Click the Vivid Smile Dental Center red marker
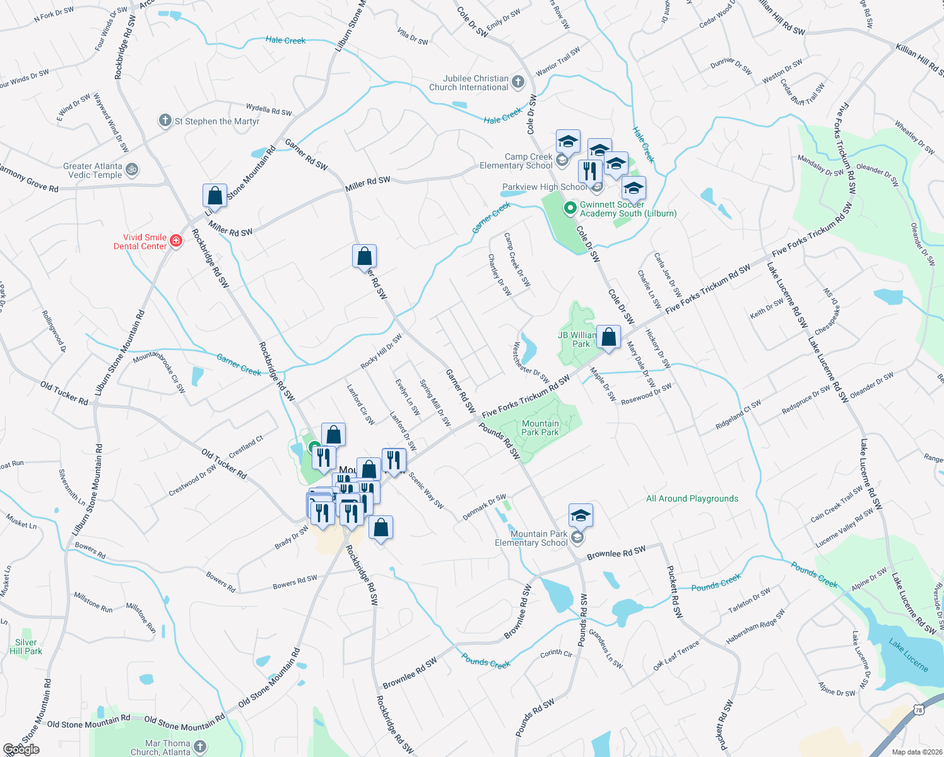tap(176, 241)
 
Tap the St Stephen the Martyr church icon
tap(165, 120)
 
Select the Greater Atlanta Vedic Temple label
tap(93, 170)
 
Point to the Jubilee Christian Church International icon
tap(518, 81)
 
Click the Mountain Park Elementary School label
tap(531, 538)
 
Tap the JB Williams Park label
tap(577, 339)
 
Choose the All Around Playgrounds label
tap(692, 498)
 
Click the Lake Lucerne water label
tap(908, 655)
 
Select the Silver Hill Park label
tap(26, 647)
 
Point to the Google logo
tap(21, 749)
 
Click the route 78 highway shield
tap(919, 710)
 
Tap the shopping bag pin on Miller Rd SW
tap(215, 196)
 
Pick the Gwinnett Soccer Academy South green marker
tap(570, 207)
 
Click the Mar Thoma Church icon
tap(201, 747)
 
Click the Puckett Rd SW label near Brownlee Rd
tap(675, 591)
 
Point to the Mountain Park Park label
tap(540, 428)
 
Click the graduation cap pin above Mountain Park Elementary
tap(581, 516)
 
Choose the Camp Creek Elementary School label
tap(516, 161)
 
